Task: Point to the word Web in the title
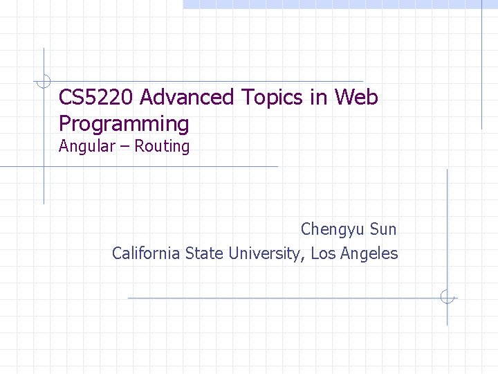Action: click(356, 98)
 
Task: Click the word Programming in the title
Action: click(124, 125)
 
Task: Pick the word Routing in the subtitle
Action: click(162, 147)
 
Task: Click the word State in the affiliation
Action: click(205, 253)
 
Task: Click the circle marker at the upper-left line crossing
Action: click(44, 81)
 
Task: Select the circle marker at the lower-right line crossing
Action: click(448, 298)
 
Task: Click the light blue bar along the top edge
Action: click(339, 4)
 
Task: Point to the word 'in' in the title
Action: click(319, 98)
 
